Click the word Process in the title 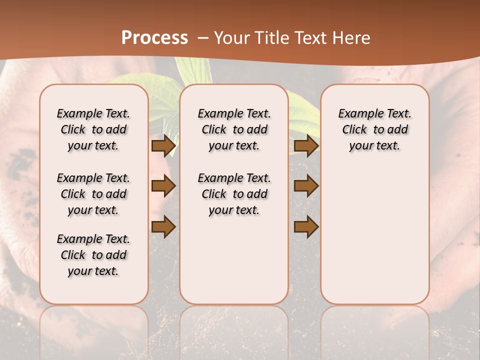pos(154,37)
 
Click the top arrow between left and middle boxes pos(163,145)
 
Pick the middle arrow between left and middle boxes pos(163,186)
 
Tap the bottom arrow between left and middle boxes pos(163,227)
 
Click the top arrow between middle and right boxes pos(306,145)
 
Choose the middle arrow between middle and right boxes pos(306,186)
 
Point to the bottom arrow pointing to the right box pos(306,227)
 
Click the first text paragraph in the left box pos(93,129)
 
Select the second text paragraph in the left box pos(93,194)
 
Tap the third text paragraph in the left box pos(93,255)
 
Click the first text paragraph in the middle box pos(234,129)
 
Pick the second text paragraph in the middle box pos(234,194)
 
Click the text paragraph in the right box pos(374,129)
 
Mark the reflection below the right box pos(374,325)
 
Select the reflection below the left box pos(93,325)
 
